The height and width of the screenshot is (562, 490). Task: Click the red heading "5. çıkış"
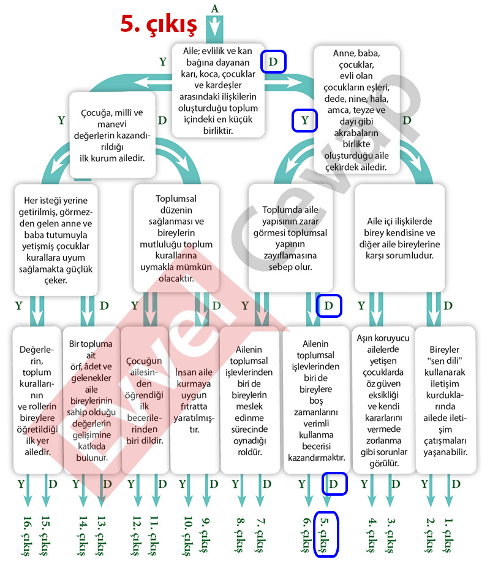pos(158,25)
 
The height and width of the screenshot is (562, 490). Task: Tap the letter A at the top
pos(214,8)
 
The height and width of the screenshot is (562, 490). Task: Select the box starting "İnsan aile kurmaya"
pos(194,399)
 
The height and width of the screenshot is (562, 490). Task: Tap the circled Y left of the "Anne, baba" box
pos(304,120)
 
